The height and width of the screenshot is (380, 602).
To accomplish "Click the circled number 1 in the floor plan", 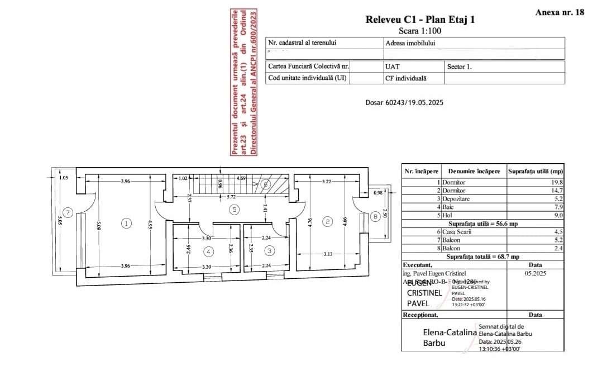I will coord(127,223).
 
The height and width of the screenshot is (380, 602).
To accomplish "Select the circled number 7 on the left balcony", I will coord(68,212).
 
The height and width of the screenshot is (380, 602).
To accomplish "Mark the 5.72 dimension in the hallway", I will coord(230,197).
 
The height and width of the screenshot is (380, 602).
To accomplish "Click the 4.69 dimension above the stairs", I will coord(242,178).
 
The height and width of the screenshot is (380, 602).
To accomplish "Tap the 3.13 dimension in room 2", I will coord(328,254).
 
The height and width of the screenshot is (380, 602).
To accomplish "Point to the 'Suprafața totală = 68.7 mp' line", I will coord(482,256).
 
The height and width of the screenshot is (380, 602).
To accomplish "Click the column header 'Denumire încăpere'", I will coord(474,171).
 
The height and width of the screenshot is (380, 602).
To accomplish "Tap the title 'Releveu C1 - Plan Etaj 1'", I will coord(420,20).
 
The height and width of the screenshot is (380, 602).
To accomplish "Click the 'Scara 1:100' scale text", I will coord(420,31).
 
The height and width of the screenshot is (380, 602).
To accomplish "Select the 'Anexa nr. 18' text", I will coord(560,12).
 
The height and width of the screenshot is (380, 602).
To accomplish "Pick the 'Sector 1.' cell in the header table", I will coord(459,66).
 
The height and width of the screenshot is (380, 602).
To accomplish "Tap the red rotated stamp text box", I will coord(243,82).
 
